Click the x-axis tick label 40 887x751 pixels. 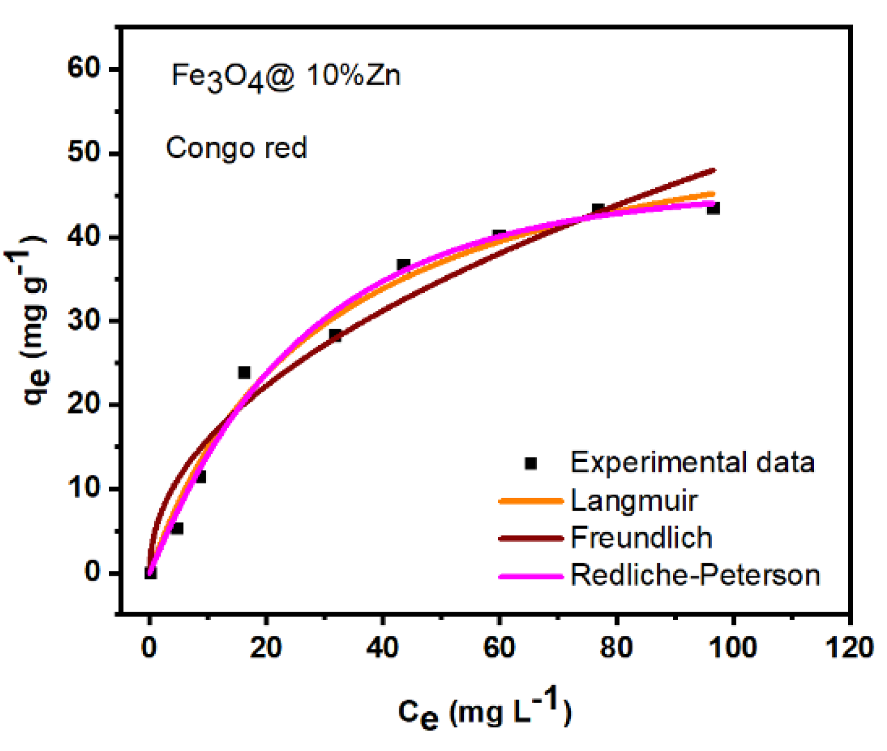click(x=383, y=648)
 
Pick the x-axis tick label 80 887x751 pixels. click(x=616, y=648)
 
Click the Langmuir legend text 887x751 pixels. click(x=634, y=501)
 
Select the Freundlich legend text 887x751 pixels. click(x=641, y=538)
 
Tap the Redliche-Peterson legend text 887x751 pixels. click(x=695, y=575)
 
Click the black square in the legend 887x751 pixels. click(x=530, y=463)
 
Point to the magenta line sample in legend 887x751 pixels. click(x=531, y=576)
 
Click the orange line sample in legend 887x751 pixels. click(x=531, y=501)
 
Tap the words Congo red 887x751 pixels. click(x=236, y=148)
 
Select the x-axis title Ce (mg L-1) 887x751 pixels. click(x=484, y=711)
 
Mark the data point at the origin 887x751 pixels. click(x=150, y=573)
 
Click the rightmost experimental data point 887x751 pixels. click(x=713, y=208)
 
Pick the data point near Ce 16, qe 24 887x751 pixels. click(x=244, y=373)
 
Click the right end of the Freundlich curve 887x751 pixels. click(x=714, y=170)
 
